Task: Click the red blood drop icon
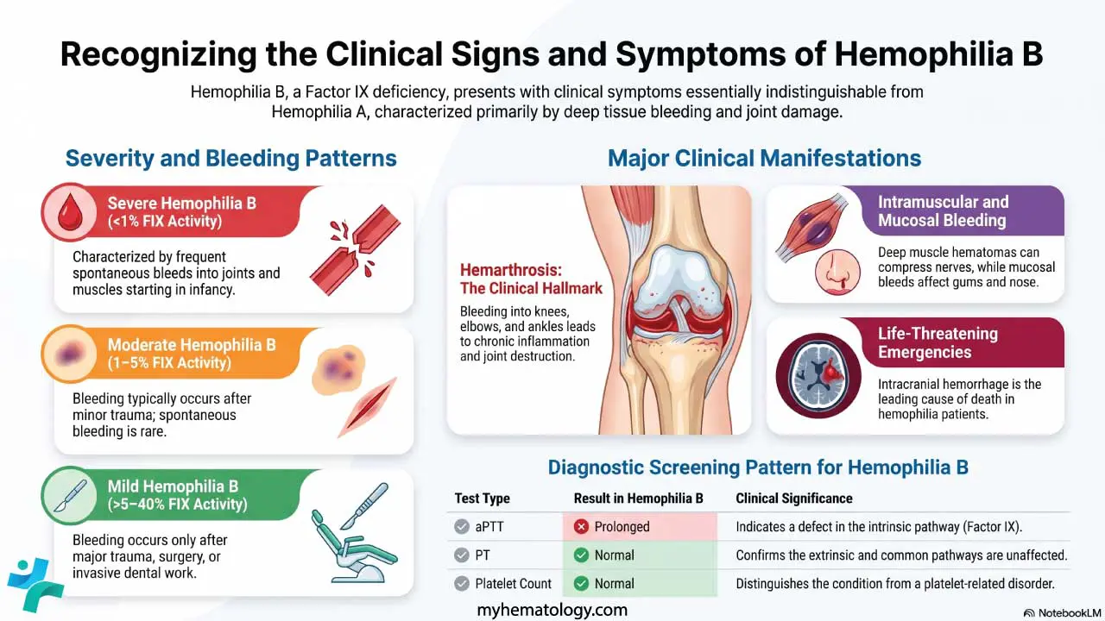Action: pyautogui.click(x=70, y=212)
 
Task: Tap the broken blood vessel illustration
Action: pyautogui.click(x=355, y=250)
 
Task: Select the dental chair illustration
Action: pyautogui.click(x=354, y=534)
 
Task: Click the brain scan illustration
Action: pyautogui.click(x=818, y=375)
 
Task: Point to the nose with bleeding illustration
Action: pyautogui.click(x=837, y=272)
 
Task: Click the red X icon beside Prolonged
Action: pyautogui.click(x=581, y=527)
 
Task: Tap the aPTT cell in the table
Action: pyautogui.click(x=489, y=527)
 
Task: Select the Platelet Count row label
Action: pyautogui.click(x=513, y=584)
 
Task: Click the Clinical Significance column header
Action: pyautogui.click(x=794, y=499)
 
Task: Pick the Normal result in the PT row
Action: pyautogui.click(x=614, y=555)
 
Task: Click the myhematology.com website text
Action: pyautogui.click(x=552, y=610)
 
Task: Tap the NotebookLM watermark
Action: pyautogui.click(x=1062, y=612)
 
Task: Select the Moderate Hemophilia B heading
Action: pyautogui.click(x=192, y=354)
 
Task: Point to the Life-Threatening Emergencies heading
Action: pyautogui.click(x=938, y=342)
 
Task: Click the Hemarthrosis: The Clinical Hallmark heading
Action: pyautogui.click(x=531, y=279)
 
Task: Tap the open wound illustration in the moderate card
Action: pyautogui.click(x=368, y=407)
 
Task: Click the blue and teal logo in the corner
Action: pyautogui.click(x=35, y=585)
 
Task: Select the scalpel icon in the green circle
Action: pyautogui.click(x=70, y=495)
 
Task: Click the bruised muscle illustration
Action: pyautogui.click(x=811, y=227)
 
